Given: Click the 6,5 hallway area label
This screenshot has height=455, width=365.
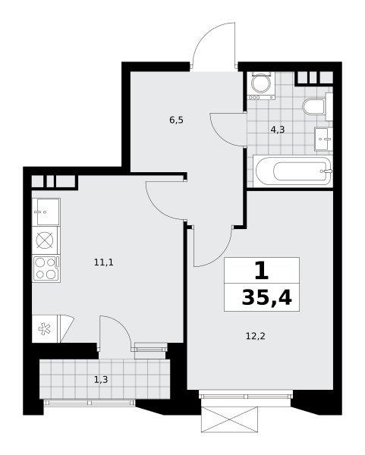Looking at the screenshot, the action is [177, 120].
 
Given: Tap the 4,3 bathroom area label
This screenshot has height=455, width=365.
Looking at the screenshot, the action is [278, 130].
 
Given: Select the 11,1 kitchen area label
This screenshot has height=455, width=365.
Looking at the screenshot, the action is [104, 262].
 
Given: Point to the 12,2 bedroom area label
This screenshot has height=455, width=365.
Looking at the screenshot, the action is [256, 336].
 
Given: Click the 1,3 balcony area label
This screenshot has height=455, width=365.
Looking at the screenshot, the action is [101, 380].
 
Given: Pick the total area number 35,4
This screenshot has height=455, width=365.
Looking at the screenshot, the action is [266, 298].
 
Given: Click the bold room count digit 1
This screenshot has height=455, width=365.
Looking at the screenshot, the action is [261, 270].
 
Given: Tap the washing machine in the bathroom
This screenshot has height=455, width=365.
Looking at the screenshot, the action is [261, 86].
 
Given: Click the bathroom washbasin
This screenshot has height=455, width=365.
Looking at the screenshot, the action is [323, 139].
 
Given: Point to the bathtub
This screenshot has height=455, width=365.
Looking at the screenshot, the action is [293, 171].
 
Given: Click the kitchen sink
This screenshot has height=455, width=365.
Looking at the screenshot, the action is [46, 212].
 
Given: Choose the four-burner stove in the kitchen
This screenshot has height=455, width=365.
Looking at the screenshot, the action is [46, 268].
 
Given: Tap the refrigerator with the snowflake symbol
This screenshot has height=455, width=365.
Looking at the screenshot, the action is [45, 329].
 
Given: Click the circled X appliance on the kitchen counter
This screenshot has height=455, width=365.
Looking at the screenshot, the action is [45, 240].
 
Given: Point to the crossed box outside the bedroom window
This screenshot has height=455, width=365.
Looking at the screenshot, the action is [229, 419].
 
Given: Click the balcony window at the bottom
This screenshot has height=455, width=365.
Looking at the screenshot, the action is [90, 403].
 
